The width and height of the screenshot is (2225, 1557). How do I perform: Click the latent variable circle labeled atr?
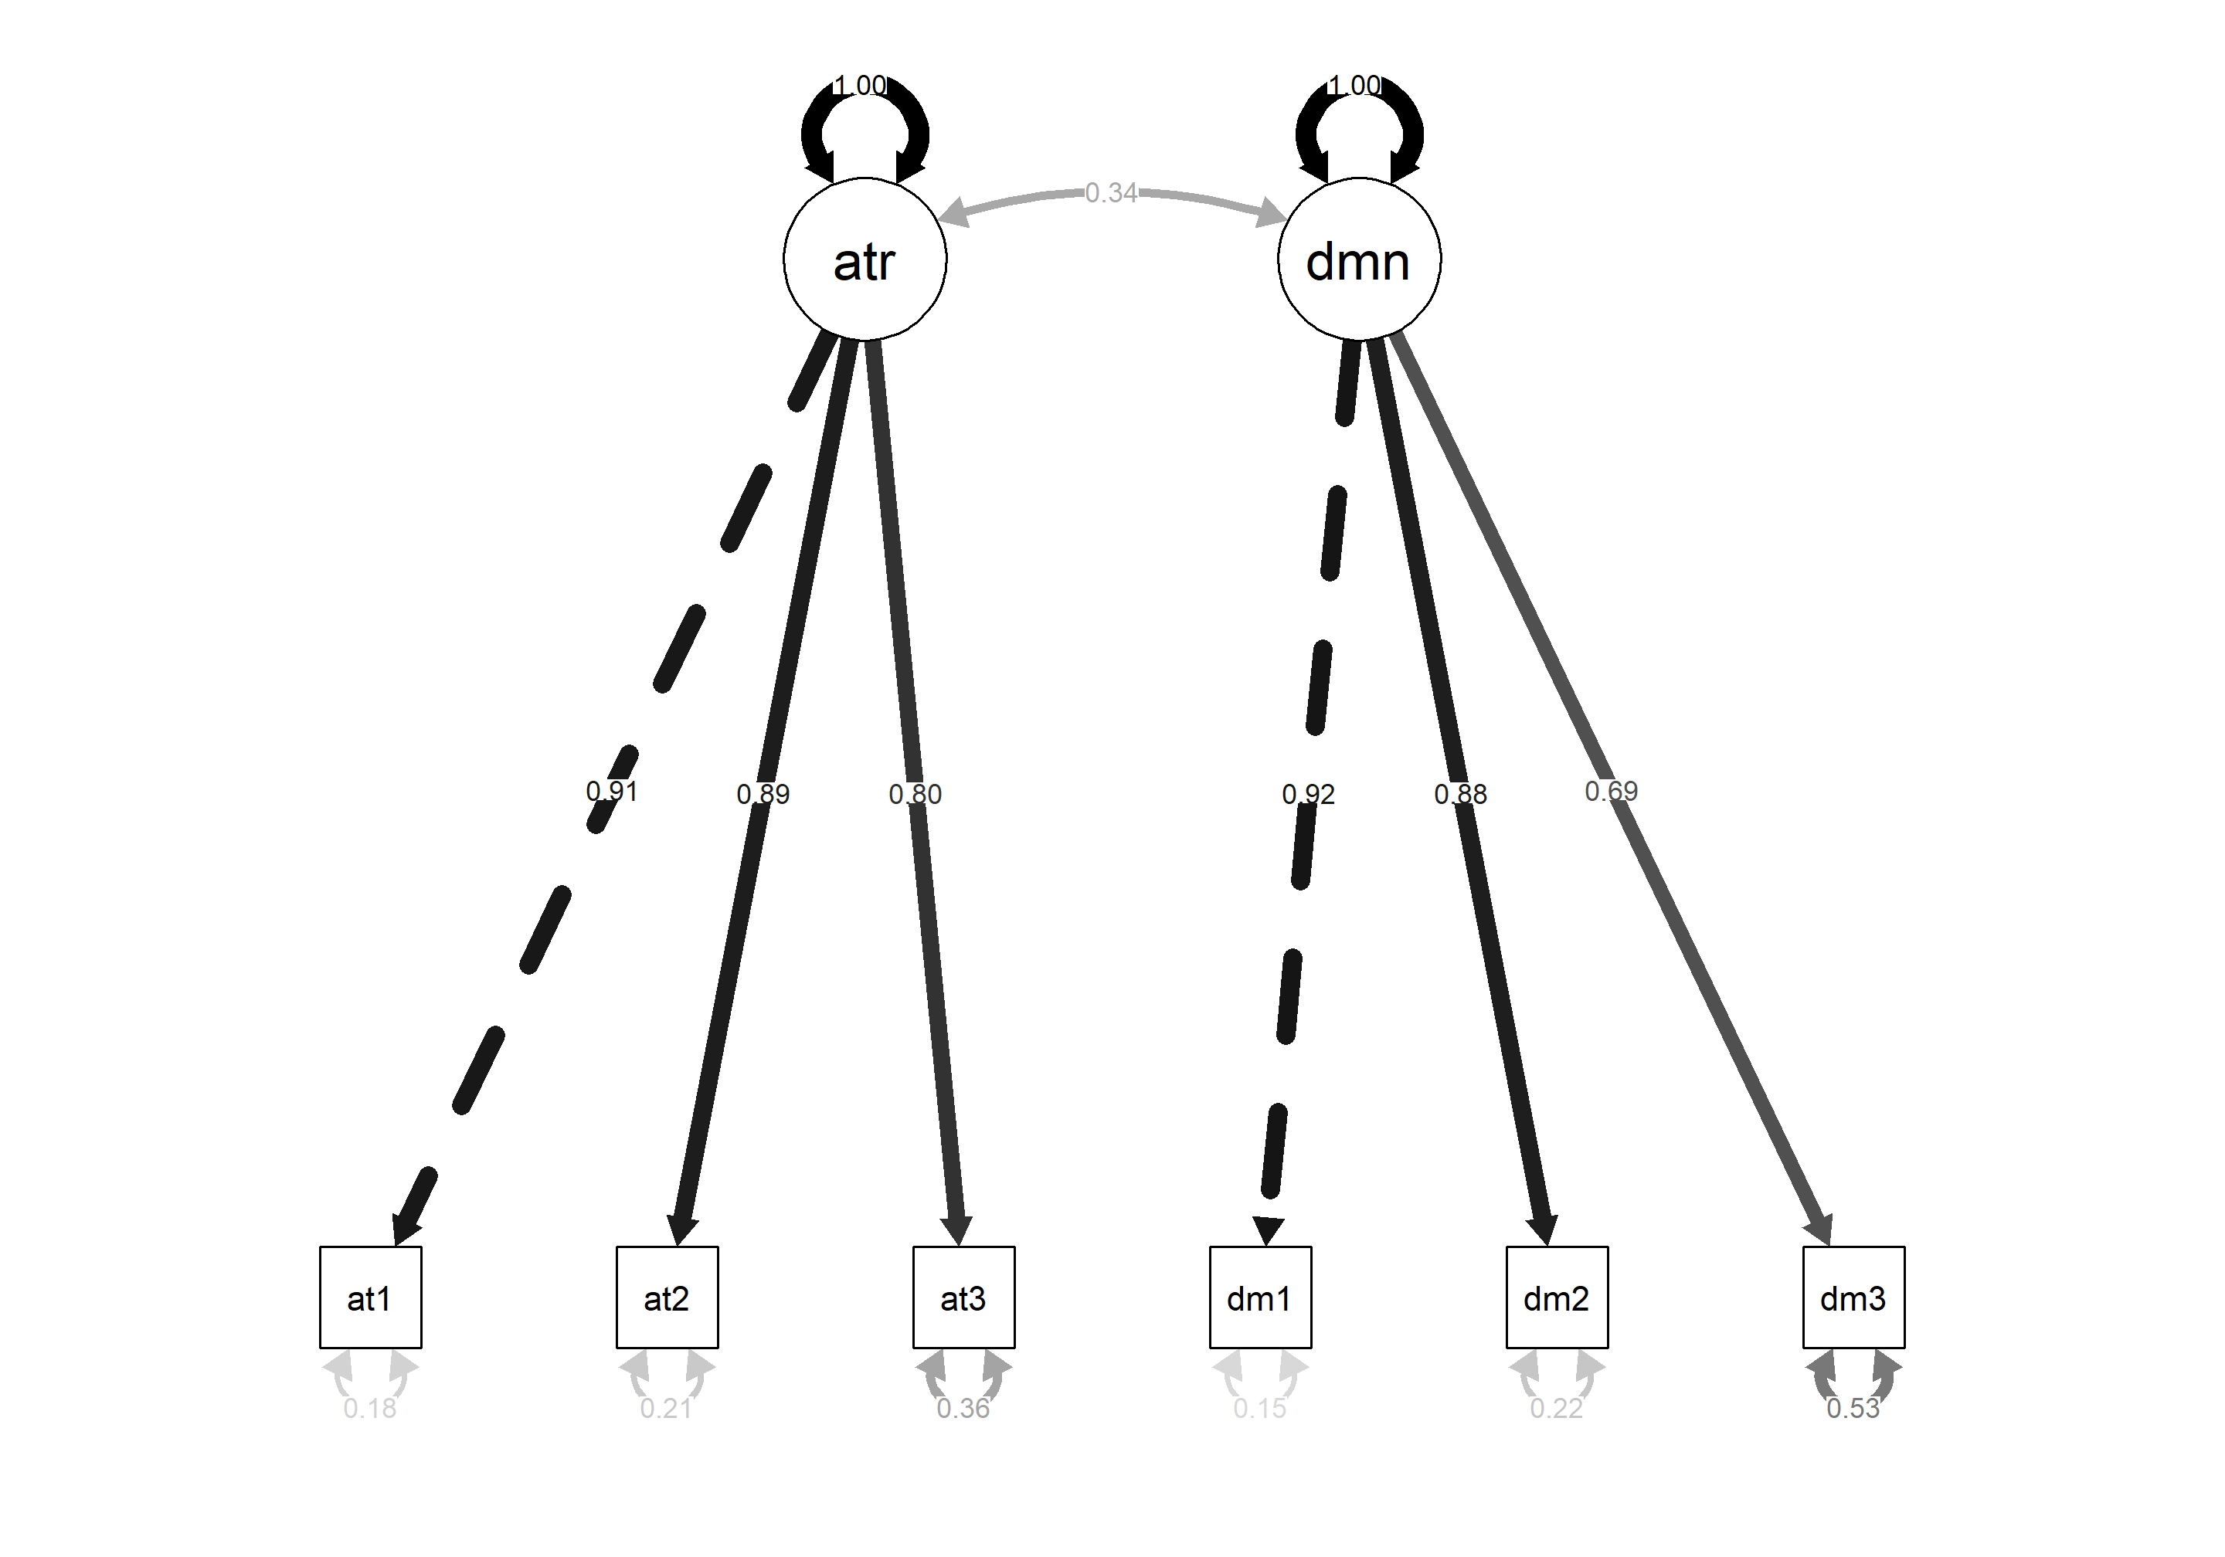(x=865, y=259)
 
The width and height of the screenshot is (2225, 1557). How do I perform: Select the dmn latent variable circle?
(x=1359, y=259)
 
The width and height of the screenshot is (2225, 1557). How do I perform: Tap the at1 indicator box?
(x=370, y=1297)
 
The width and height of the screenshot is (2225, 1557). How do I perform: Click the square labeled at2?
(x=667, y=1297)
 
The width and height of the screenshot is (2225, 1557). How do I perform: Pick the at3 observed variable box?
(x=963, y=1297)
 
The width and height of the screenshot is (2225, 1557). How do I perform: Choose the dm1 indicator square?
(x=1260, y=1297)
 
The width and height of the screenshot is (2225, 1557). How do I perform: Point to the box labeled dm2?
(x=1556, y=1297)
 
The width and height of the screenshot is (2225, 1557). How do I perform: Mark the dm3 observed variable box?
(x=1853, y=1297)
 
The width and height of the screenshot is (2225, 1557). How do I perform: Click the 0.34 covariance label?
(x=1110, y=193)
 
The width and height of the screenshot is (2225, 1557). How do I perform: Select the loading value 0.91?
(x=611, y=792)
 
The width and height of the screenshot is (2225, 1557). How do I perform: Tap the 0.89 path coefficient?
(x=763, y=795)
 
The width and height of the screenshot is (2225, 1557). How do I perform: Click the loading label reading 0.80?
(x=915, y=795)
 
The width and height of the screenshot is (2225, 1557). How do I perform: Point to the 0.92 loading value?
(x=1308, y=795)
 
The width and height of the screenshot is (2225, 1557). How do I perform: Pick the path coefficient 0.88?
(x=1460, y=795)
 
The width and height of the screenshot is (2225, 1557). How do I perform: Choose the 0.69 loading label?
(x=1611, y=792)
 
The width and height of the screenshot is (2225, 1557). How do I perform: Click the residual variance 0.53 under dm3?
(x=1853, y=1408)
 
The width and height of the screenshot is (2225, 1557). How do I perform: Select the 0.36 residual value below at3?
(x=963, y=1408)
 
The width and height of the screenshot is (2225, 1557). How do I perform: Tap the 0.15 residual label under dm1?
(x=1260, y=1408)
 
